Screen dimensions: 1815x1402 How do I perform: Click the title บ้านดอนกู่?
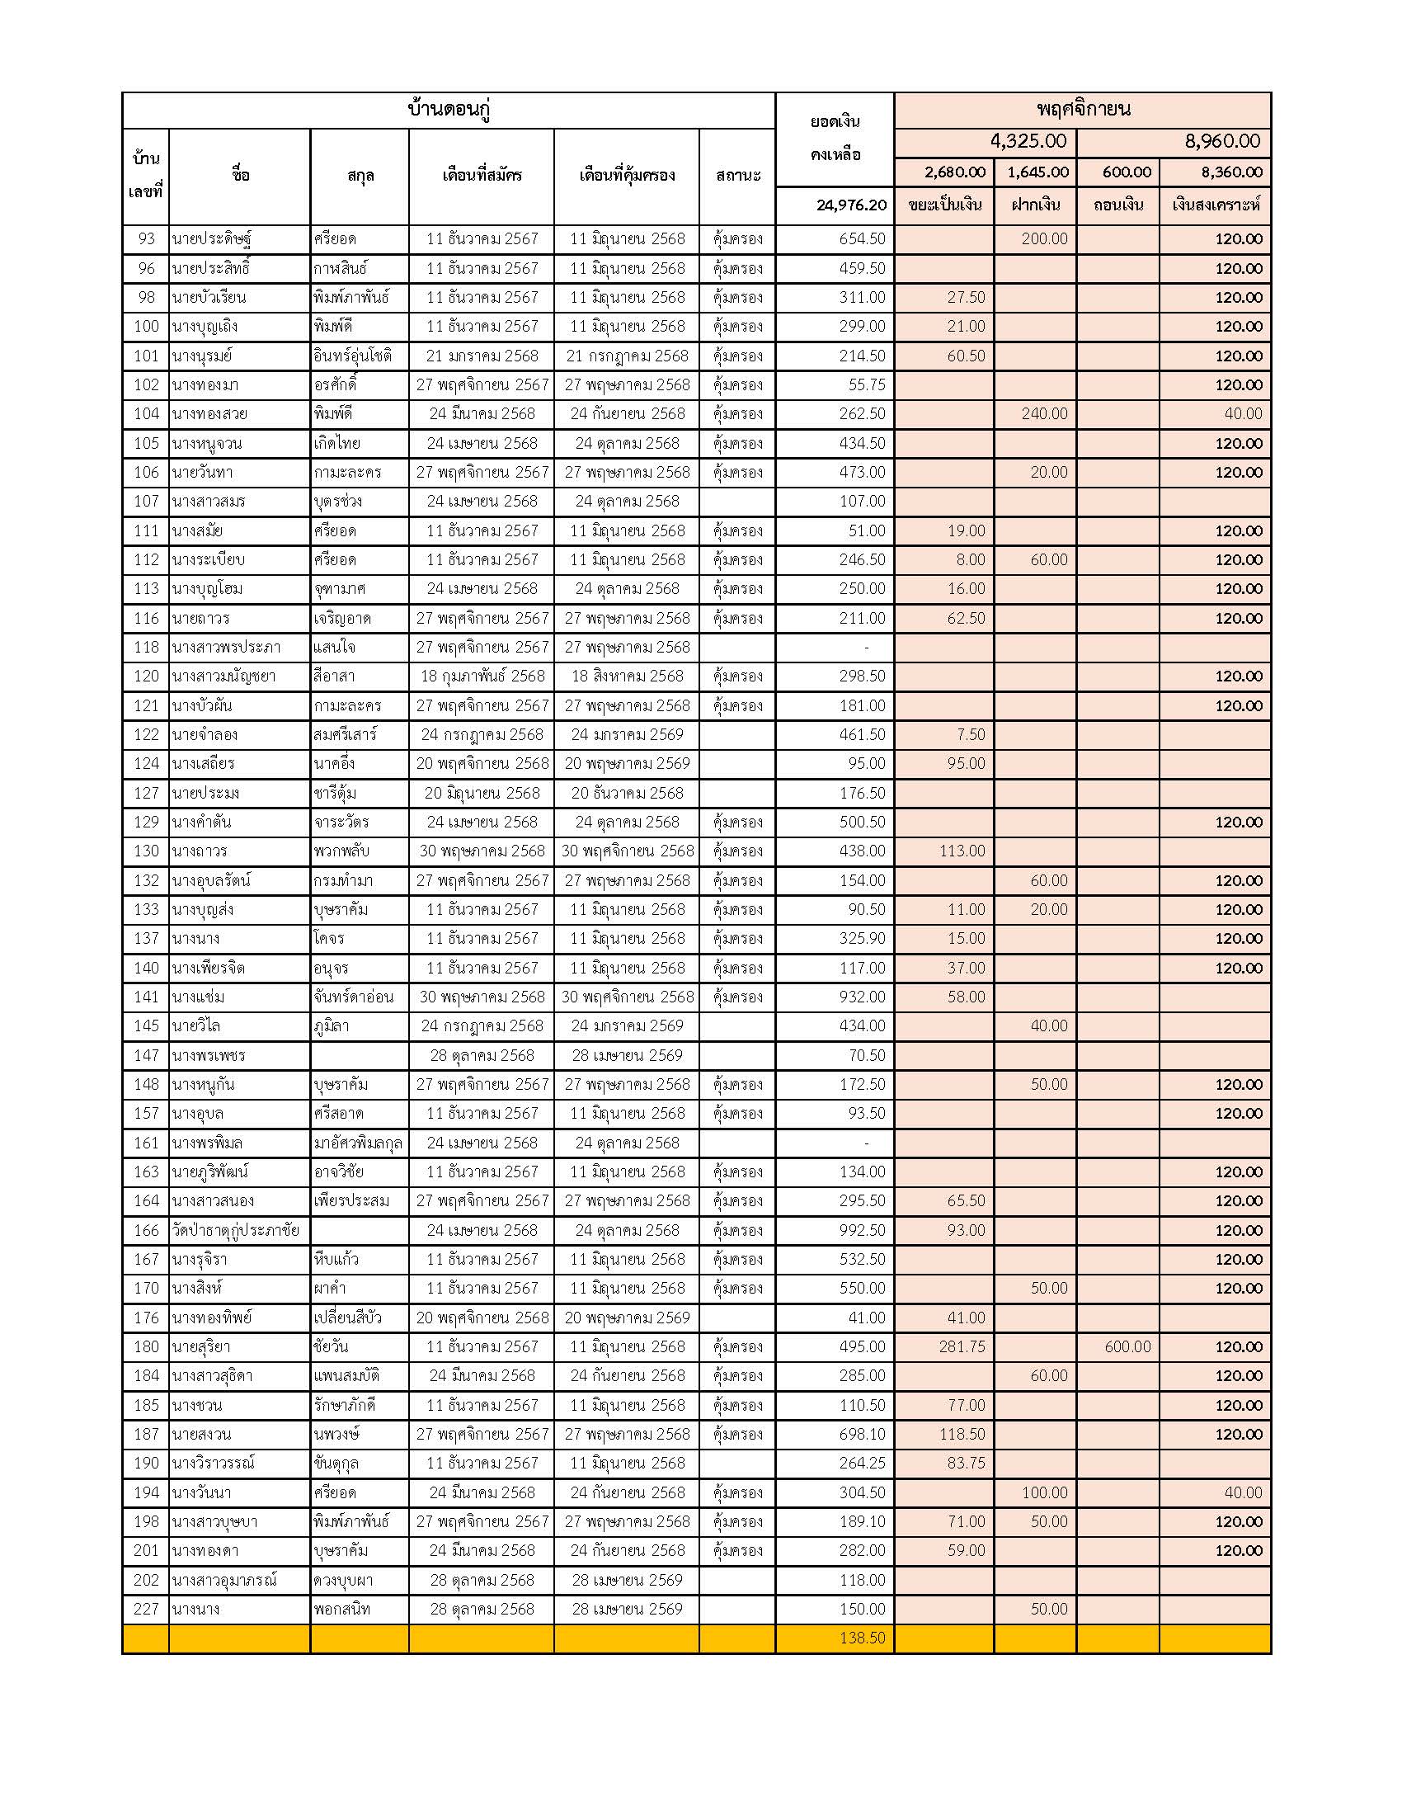point(449,110)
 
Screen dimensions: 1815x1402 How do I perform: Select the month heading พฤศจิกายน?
point(1082,109)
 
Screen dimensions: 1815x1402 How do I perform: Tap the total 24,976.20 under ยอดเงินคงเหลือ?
point(851,205)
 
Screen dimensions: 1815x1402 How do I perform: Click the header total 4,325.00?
point(1028,141)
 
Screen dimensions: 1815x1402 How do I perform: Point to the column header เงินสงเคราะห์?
point(1215,205)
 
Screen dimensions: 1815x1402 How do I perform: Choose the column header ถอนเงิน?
point(1118,205)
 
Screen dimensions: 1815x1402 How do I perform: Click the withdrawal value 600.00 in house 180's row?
point(1127,1347)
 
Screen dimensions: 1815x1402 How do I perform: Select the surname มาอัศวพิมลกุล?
point(359,1143)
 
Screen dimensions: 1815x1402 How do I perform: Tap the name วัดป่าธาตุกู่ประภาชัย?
point(235,1231)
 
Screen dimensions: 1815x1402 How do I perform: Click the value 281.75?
point(962,1347)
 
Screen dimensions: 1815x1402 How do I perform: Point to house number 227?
point(146,1609)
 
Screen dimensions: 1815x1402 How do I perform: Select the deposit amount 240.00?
point(1044,414)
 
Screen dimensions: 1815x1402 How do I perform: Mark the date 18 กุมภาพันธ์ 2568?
point(482,676)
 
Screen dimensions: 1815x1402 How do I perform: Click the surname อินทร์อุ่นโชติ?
point(353,356)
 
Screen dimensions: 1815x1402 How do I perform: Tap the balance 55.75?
point(866,384)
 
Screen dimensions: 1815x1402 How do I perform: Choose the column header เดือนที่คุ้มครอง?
point(626,177)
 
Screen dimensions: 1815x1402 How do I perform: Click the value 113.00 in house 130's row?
point(962,851)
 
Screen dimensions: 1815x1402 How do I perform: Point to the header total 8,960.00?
point(1221,141)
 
